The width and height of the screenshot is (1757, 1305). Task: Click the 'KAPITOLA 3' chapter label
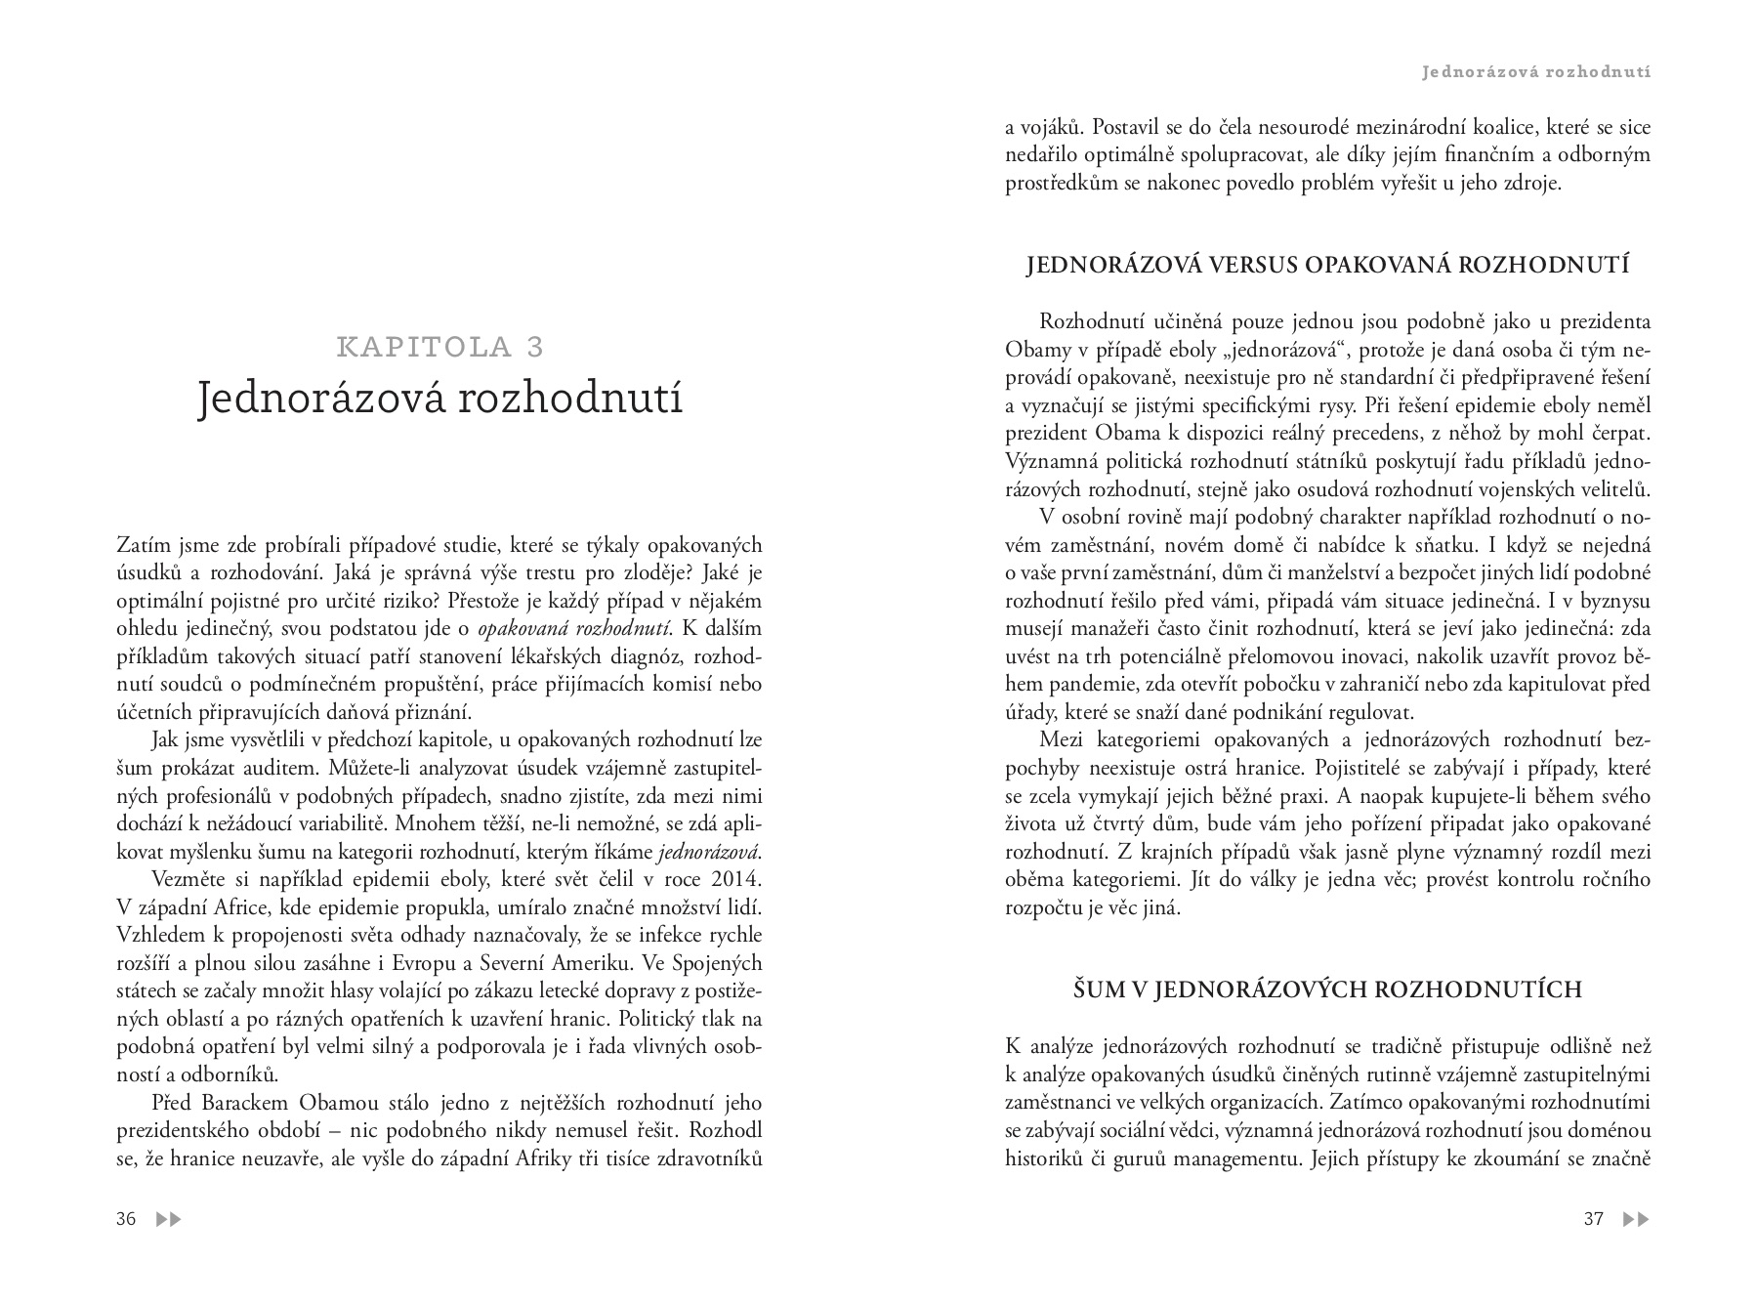[439, 347]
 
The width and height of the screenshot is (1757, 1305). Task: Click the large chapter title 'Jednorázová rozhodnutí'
[439, 399]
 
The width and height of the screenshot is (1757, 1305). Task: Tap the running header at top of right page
[1536, 71]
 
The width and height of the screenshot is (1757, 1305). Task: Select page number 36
[126, 1219]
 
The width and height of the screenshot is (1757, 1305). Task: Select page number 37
[1593, 1219]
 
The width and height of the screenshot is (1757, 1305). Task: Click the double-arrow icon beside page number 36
[169, 1219]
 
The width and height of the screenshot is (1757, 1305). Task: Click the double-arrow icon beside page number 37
[1636, 1219]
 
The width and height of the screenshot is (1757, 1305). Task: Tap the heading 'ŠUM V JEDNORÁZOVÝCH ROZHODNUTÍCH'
[1327, 989]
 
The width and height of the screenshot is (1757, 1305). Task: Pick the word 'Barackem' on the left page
[245, 1104]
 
